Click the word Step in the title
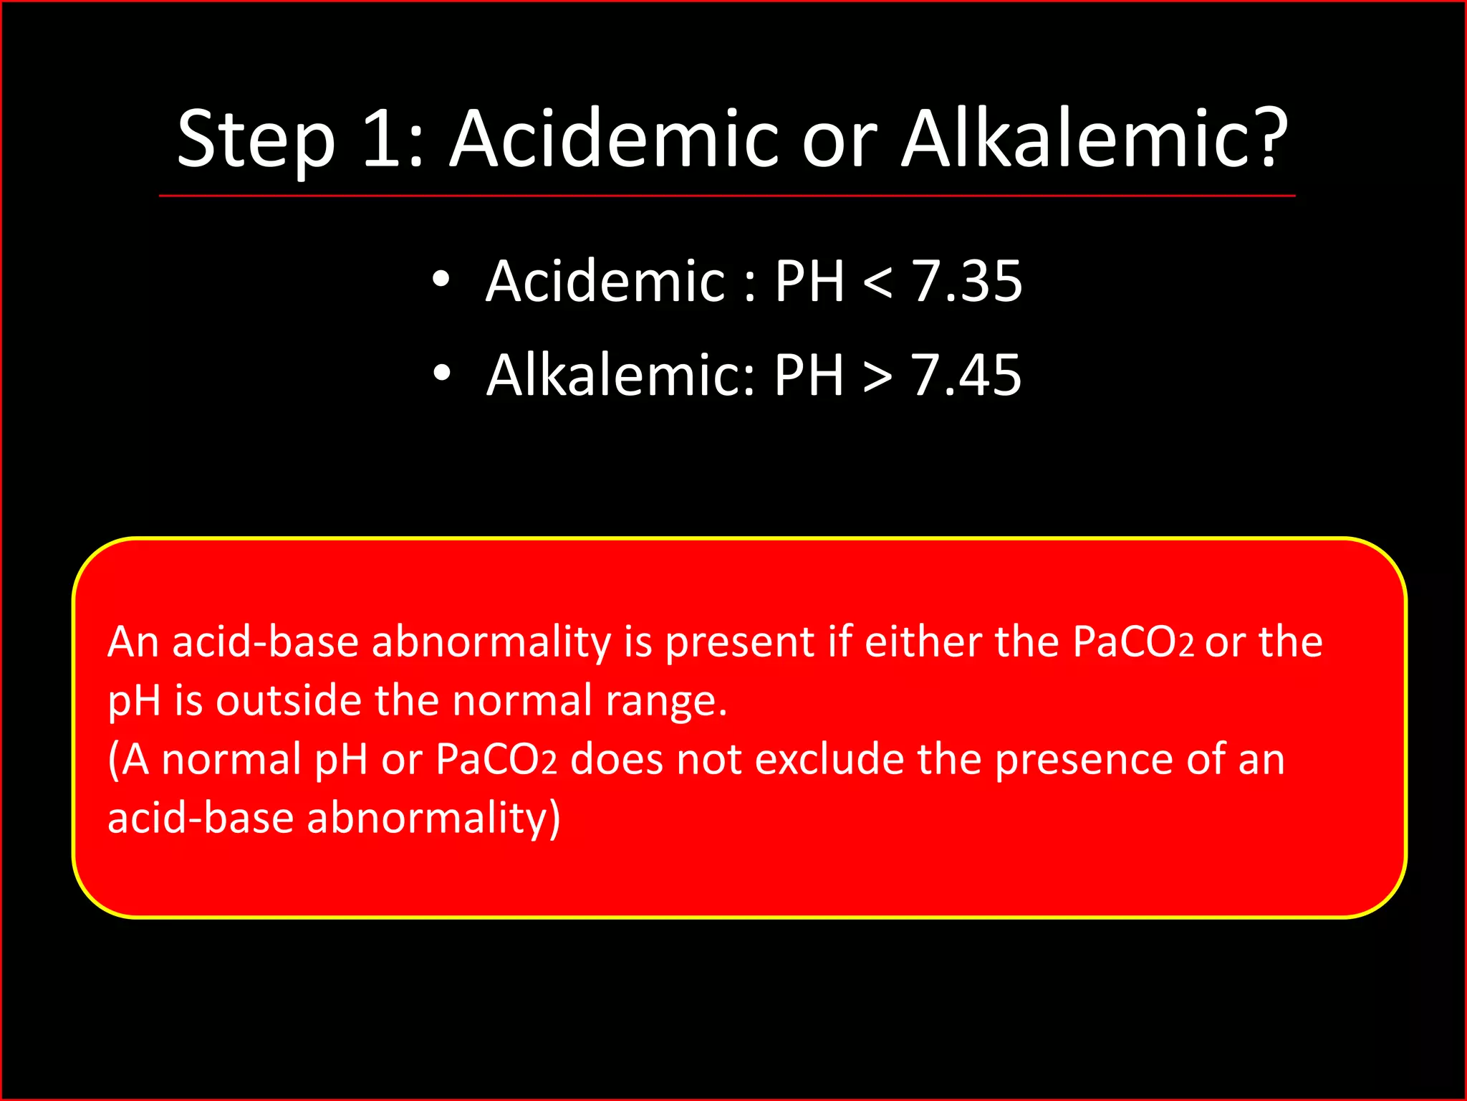[x=256, y=140]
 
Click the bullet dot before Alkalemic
[x=441, y=373]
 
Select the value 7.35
[x=967, y=281]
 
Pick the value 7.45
[x=966, y=375]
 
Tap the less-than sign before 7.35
[x=877, y=282]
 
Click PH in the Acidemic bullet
[x=809, y=281]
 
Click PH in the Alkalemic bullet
[x=809, y=375]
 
